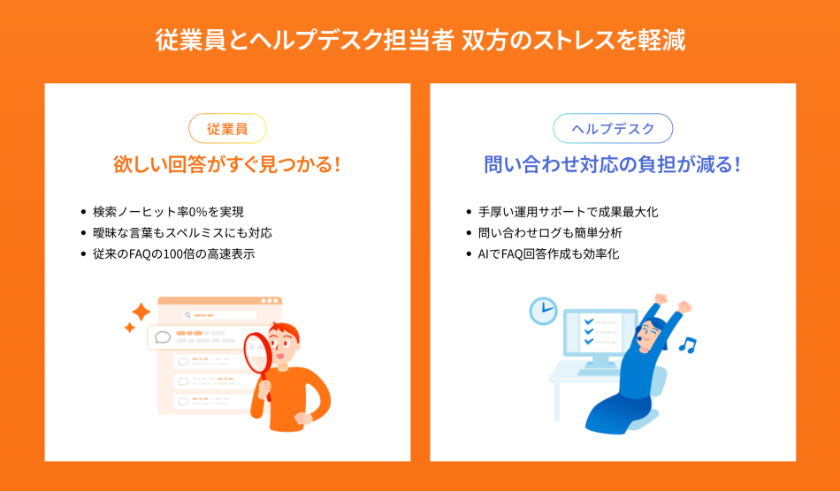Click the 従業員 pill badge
pos(227,128)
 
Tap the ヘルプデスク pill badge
pos(613,128)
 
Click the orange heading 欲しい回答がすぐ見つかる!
pos(227,164)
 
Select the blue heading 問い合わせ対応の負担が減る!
pos(613,164)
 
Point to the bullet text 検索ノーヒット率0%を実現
pos(168,212)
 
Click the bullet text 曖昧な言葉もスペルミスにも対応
pos(183,232)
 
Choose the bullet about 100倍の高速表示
pos(173,253)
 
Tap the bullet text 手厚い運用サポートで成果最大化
pos(569,212)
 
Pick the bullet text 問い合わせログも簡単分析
pos(550,232)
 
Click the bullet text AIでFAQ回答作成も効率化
pos(548,253)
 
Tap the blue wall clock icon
pos(543,311)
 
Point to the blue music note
pos(687,344)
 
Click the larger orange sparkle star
pos(141,312)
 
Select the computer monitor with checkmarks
pos(600,337)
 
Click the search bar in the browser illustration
pos(219,315)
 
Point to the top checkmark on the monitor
pos(589,321)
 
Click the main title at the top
pos(420,40)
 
